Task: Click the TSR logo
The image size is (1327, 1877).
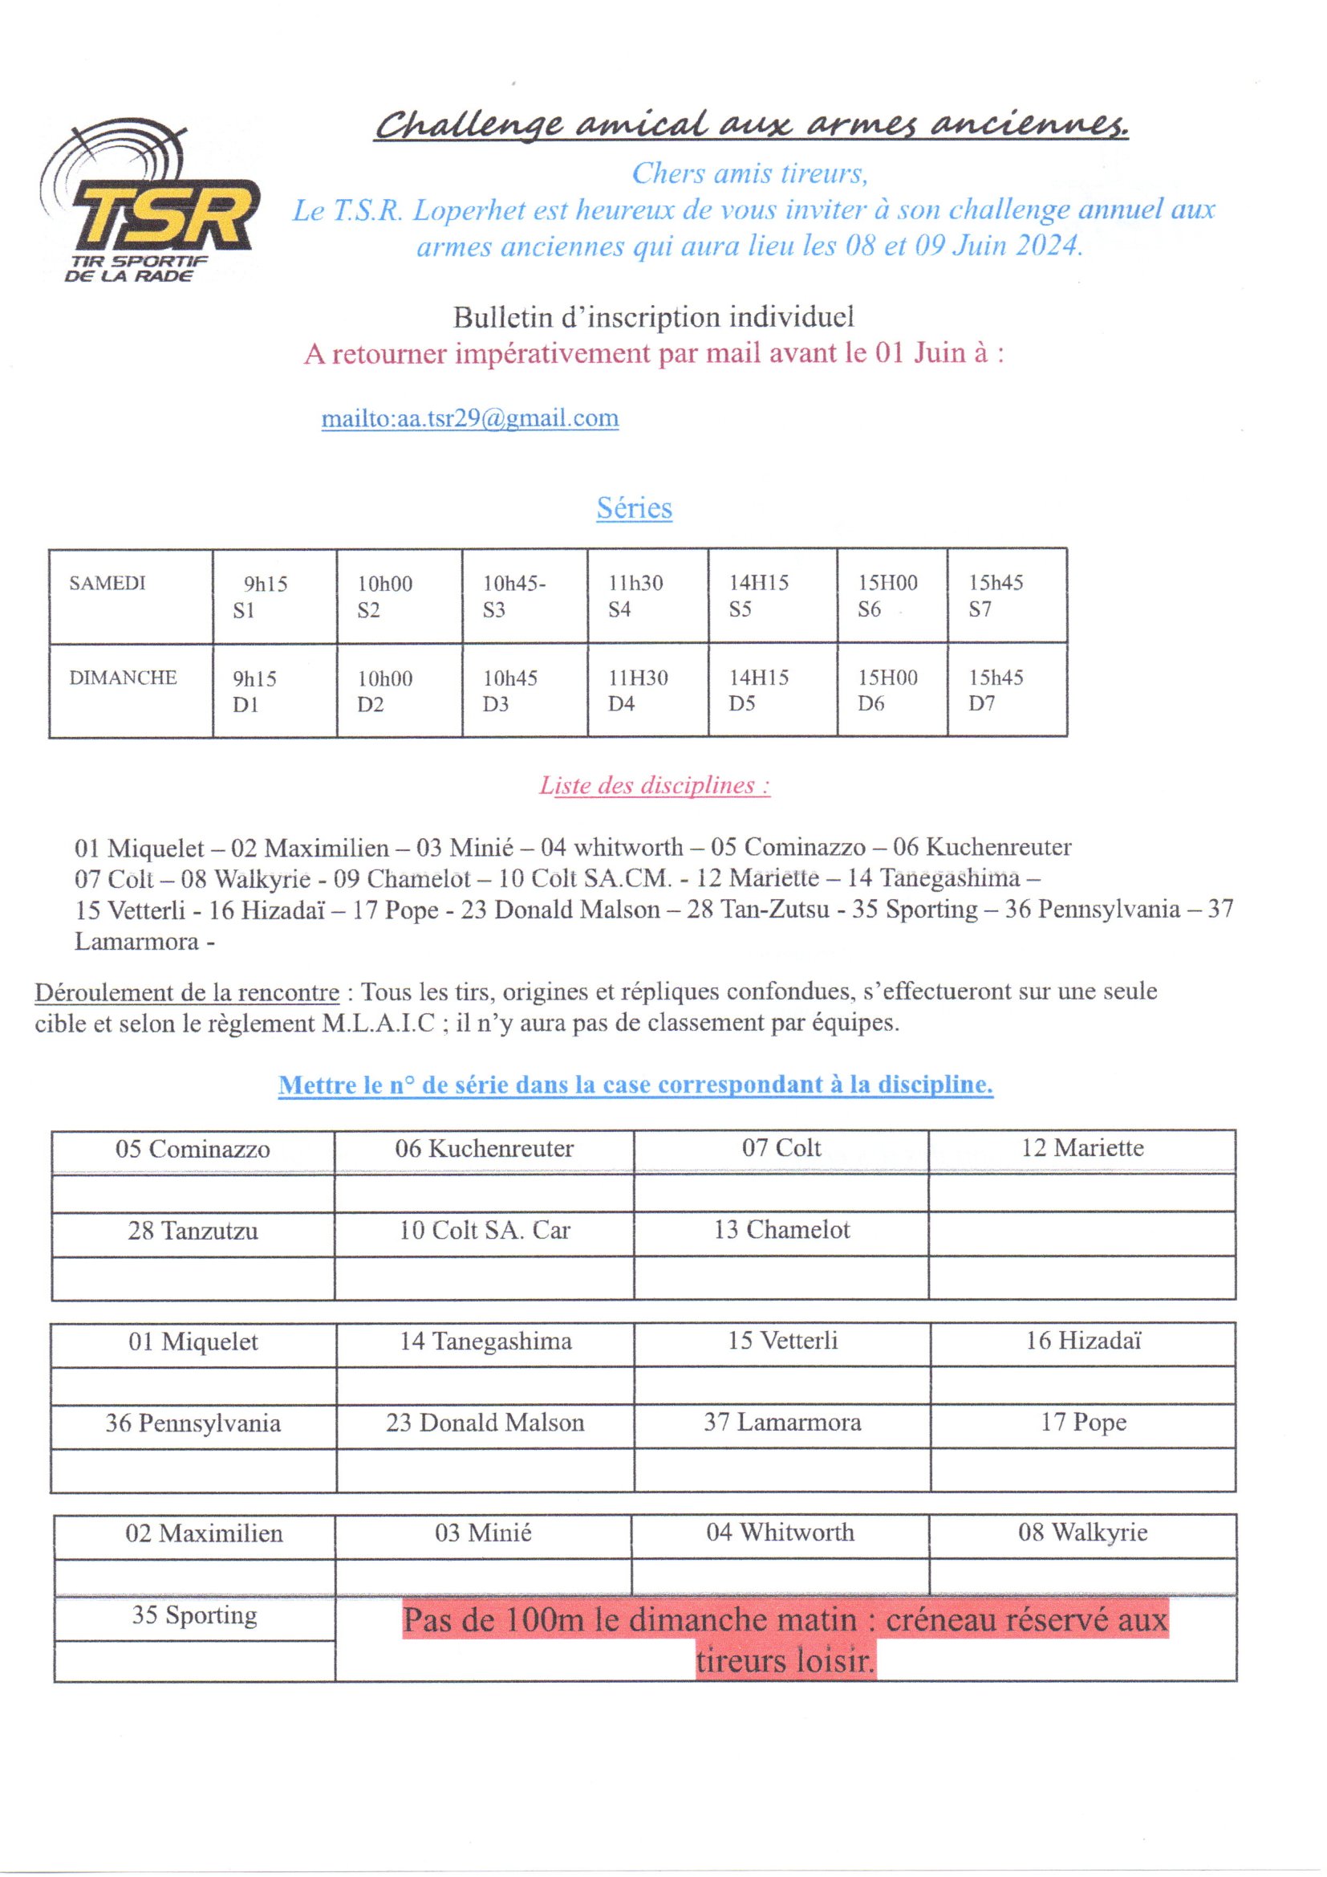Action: click(x=151, y=205)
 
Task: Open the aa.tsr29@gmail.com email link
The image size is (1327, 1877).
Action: click(x=470, y=418)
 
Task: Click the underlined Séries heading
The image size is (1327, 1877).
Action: click(x=634, y=507)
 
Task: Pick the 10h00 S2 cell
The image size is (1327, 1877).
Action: click(x=399, y=596)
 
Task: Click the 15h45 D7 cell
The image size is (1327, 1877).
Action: click(x=1006, y=690)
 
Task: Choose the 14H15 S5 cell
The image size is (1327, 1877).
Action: click(x=771, y=596)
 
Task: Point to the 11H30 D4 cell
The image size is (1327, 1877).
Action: click(x=647, y=690)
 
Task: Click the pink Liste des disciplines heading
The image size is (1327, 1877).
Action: click(x=654, y=786)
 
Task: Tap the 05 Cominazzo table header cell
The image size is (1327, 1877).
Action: click(x=193, y=1150)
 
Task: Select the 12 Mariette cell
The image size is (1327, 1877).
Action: click(x=1081, y=1148)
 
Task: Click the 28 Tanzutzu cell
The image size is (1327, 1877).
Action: click(x=193, y=1231)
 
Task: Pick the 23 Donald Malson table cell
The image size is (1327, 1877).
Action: click(x=485, y=1423)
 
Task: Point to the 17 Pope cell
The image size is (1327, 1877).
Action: click(x=1082, y=1423)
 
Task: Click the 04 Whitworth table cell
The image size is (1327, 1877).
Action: click(x=781, y=1532)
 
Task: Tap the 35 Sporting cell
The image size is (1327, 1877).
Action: click(x=194, y=1615)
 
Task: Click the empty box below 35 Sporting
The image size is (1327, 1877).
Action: click(x=194, y=1660)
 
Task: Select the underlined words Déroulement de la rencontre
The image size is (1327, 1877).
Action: click(x=187, y=992)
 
